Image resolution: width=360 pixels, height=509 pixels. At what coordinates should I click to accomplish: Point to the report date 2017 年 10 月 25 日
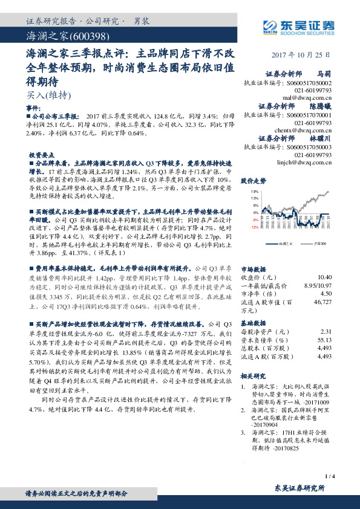tap(303, 55)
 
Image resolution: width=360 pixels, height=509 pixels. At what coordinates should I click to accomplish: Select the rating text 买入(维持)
tap(49, 94)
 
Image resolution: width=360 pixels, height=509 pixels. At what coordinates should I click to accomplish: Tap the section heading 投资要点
tap(41, 154)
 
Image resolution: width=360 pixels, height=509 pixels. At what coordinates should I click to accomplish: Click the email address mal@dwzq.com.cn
tap(309, 96)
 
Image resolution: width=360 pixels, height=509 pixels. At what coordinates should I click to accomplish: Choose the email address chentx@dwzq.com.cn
tap(306, 129)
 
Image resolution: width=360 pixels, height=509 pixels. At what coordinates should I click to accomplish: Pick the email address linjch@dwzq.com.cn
tap(306, 162)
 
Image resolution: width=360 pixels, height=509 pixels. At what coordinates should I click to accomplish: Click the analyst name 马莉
tap(324, 73)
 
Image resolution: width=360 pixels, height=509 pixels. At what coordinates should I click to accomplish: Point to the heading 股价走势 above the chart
tap(254, 181)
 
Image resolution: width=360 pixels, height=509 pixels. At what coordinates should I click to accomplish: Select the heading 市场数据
tap(253, 268)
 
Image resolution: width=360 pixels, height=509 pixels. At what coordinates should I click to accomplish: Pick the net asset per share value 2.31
tap(326, 331)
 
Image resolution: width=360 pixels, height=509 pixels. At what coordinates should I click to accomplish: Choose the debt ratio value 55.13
tap(324, 340)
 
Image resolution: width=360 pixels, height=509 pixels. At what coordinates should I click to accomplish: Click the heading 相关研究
tap(253, 375)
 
